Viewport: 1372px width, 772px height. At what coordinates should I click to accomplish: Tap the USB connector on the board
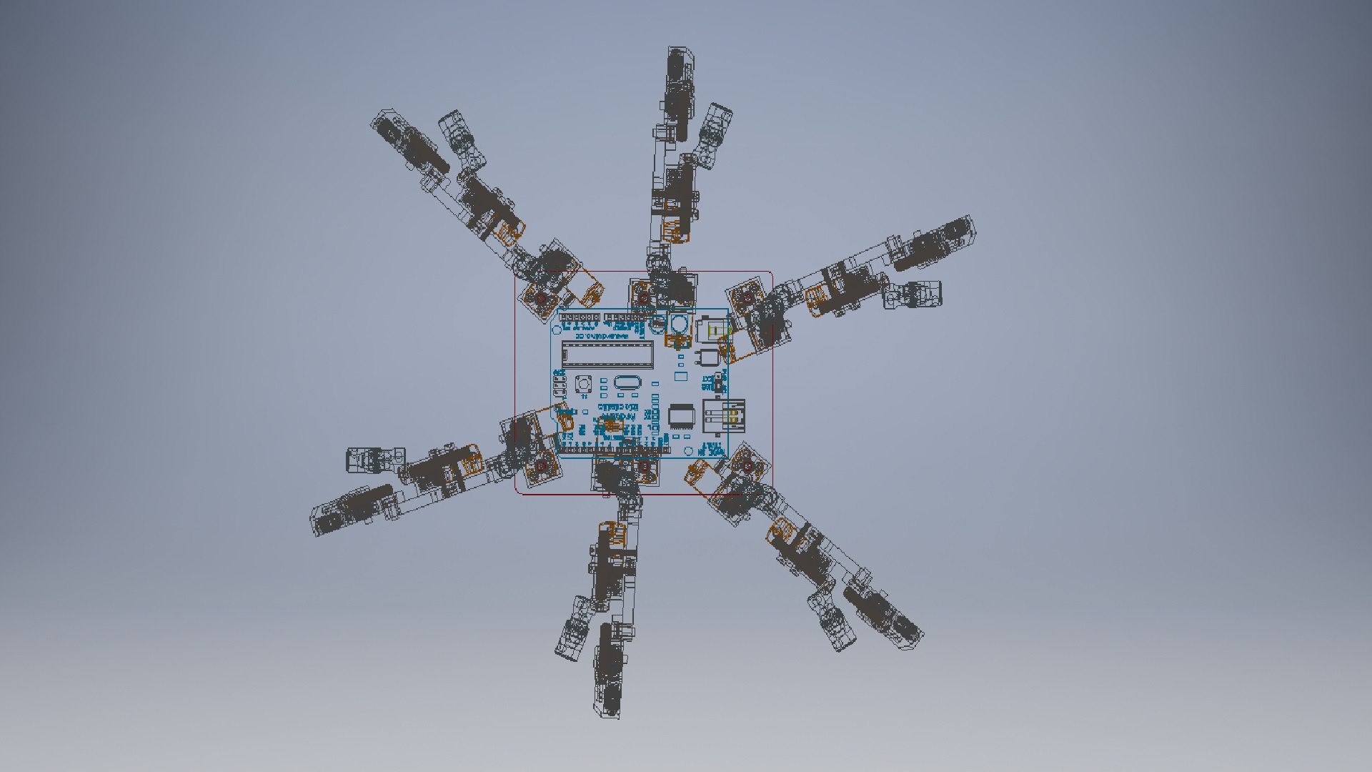point(725,417)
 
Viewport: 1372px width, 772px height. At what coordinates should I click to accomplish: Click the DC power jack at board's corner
point(712,330)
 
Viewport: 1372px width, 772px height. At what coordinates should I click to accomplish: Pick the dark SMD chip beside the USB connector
point(680,417)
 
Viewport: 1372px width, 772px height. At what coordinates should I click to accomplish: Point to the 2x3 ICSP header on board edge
point(560,387)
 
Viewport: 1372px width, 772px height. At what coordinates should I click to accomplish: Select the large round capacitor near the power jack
point(678,325)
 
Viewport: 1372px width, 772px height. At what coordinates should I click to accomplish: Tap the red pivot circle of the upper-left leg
point(542,297)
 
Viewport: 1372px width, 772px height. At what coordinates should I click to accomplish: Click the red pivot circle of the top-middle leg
point(643,297)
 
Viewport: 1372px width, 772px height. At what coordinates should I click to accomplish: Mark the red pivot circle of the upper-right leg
point(747,297)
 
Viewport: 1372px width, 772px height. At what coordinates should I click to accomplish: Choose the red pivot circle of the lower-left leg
point(541,467)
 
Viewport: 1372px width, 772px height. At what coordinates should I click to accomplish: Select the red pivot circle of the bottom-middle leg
point(643,467)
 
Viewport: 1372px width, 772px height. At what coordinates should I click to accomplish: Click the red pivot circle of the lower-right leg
point(747,467)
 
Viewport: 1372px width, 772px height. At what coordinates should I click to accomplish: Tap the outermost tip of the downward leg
point(607,715)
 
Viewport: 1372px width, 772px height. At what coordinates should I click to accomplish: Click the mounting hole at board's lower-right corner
point(688,450)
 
